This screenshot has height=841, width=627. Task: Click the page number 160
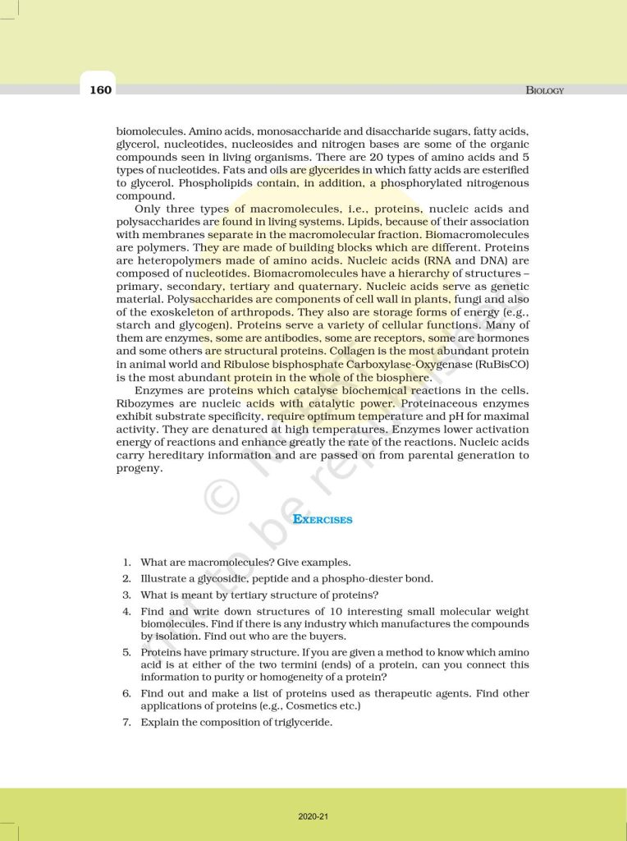pos(101,90)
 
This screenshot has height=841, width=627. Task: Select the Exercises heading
pos(323,519)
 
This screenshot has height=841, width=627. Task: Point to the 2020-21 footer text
pos(313,816)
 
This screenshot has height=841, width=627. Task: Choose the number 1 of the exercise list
pos(127,563)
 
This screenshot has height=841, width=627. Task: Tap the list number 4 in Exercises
pos(127,612)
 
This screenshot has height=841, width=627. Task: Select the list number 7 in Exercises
pos(127,722)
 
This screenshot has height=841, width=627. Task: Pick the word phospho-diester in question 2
pos(364,579)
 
